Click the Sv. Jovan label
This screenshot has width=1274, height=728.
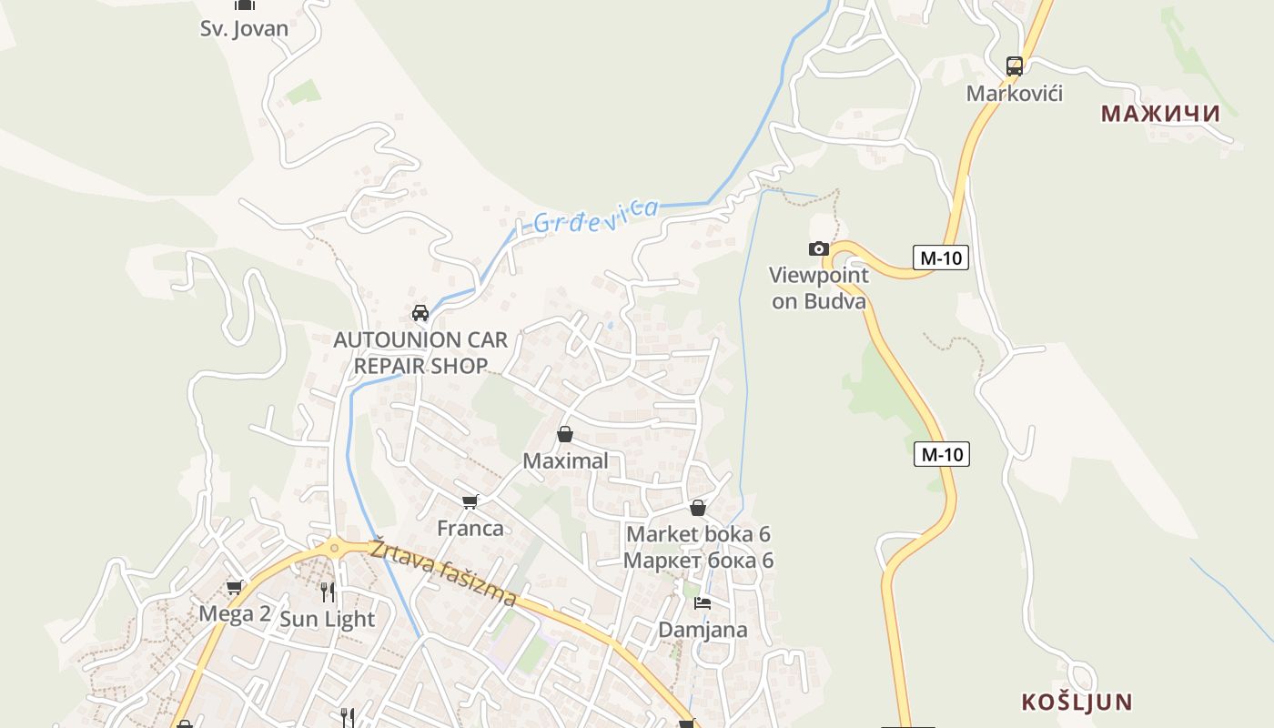[244, 28]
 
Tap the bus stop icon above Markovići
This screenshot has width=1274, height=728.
[1015, 66]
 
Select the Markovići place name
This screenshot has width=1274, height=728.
[1014, 94]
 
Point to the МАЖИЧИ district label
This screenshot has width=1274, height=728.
[1160, 114]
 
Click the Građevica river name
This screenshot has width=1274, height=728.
[595, 216]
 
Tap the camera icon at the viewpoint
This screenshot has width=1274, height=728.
[819, 248]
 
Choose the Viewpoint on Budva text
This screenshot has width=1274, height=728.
[819, 288]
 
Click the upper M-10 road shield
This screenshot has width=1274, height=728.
[941, 258]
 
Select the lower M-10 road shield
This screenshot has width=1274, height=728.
[941, 453]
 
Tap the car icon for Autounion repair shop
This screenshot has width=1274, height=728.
[420, 313]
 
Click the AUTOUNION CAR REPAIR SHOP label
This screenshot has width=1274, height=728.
[420, 353]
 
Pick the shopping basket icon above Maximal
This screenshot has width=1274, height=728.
[565, 434]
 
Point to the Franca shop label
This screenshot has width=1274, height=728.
[470, 528]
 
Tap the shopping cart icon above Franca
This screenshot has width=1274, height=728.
[470, 501]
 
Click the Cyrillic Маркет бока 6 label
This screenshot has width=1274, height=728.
[698, 560]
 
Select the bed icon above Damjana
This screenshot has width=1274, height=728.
[702, 602]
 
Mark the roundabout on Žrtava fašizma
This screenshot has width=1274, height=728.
[334, 548]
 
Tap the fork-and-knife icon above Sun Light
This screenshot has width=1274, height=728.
[328, 592]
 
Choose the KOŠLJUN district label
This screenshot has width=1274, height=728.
[1077, 703]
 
